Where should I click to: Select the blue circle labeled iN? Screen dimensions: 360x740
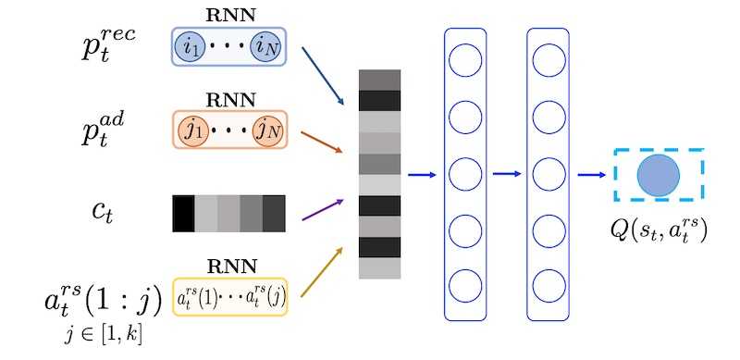[268, 44]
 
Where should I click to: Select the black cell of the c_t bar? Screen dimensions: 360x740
[183, 213]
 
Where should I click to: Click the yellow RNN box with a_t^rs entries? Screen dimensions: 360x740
[229, 296]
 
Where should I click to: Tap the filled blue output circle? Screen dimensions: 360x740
[659, 175]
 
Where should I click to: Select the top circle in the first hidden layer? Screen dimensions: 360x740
[464, 61]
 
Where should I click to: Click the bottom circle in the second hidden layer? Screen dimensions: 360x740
[548, 285]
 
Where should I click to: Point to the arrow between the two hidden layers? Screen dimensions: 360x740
[507, 173]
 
